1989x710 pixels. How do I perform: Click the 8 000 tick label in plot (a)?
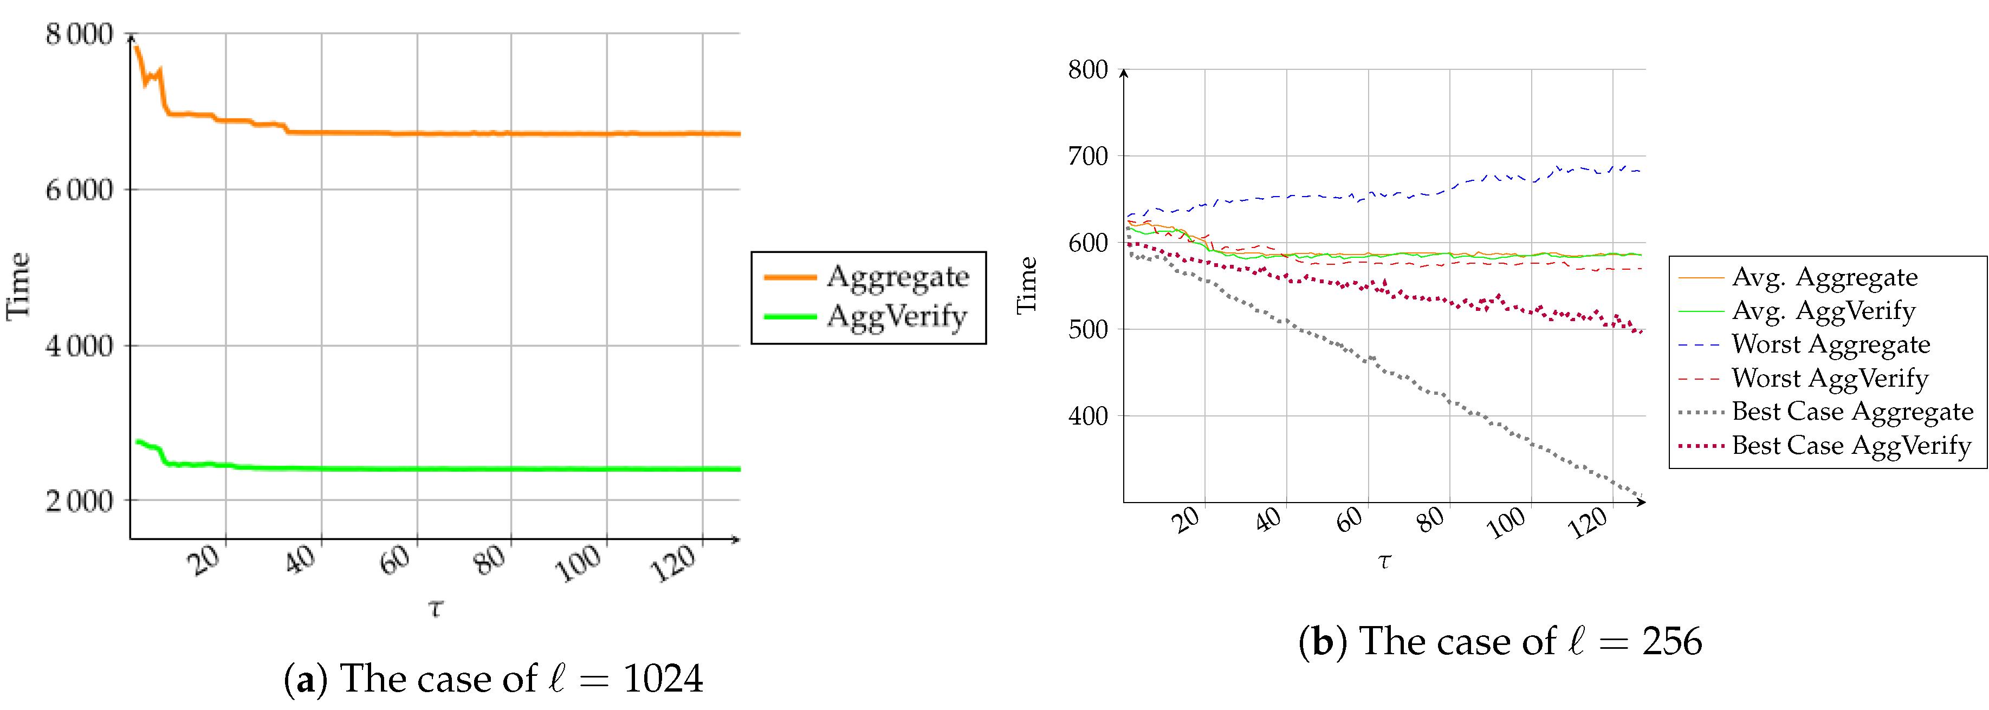[x=79, y=34]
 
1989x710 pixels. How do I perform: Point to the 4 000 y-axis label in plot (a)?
[x=79, y=346]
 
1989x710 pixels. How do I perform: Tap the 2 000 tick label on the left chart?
[x=79, y=501]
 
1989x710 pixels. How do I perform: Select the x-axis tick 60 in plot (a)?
[x=396, y=559]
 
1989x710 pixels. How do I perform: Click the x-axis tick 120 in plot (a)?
[x=673, y=563]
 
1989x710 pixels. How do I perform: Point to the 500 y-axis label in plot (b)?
[x=1088, y=329]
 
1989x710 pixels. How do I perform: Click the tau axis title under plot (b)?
[x=1384, y=562]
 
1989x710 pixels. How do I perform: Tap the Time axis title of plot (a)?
[x=18, y=285]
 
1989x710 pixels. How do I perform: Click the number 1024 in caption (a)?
[x=663, y=679]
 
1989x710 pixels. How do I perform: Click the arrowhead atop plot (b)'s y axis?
[x=1124, y=73]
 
